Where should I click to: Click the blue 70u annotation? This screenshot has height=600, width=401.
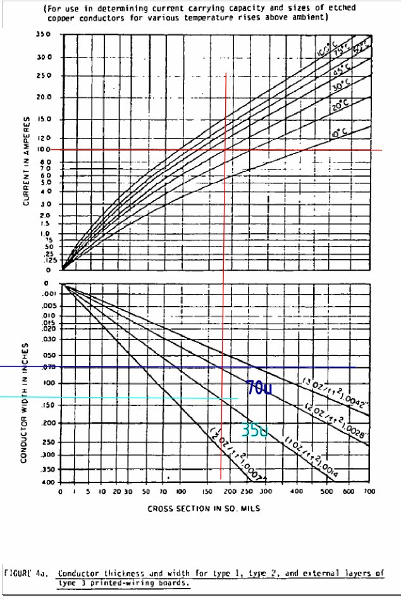point(259,388)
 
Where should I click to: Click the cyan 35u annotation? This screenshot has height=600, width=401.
point(255,431)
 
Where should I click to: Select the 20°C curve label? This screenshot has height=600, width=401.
point(340,106)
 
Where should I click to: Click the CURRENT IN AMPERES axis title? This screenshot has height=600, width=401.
point(27,161)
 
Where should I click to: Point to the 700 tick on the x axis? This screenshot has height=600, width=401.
point(370,491)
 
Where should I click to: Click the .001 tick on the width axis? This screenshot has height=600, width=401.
point(51,294)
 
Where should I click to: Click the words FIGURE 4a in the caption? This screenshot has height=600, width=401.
point(23,573)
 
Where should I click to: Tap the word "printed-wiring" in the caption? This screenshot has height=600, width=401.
point(109,583)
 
